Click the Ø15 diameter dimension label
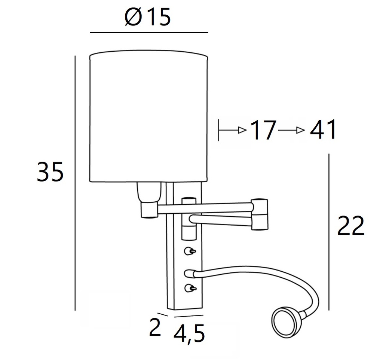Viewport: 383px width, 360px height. [148, 17]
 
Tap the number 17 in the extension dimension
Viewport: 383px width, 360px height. [263, 131]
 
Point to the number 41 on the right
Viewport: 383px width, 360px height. [322, 131]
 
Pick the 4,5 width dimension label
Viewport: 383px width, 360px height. [189, 333]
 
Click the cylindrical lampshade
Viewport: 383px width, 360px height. [148, 118]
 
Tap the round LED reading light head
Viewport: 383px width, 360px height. [286, 321]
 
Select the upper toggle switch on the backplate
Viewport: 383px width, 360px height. [190, 251]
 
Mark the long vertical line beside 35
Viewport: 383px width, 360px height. [76, 183]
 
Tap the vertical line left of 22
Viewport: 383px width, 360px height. [329, 232]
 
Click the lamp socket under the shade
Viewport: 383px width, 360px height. [148, 192]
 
